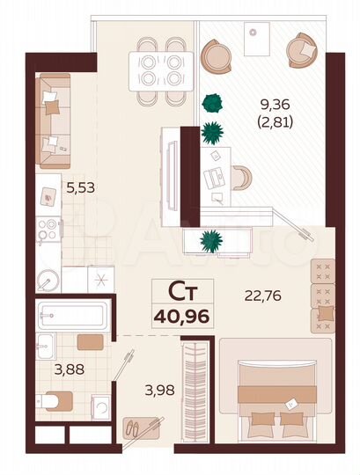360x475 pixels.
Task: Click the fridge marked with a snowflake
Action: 100,280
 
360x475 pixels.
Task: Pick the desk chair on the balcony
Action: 240,175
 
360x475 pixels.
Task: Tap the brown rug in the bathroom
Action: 89,342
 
